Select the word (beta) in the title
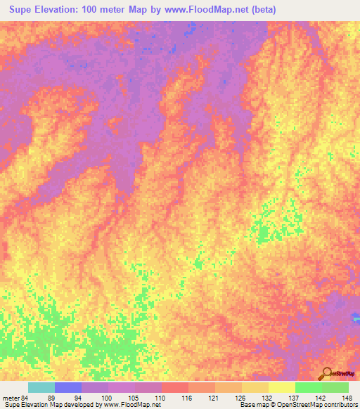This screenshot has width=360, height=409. click(262, 10)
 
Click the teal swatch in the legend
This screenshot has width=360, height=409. click(41, 387)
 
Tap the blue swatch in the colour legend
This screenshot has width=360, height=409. click(68, 387)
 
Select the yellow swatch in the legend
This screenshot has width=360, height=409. click(281, 387)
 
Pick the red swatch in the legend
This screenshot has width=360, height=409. click(175, 387)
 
